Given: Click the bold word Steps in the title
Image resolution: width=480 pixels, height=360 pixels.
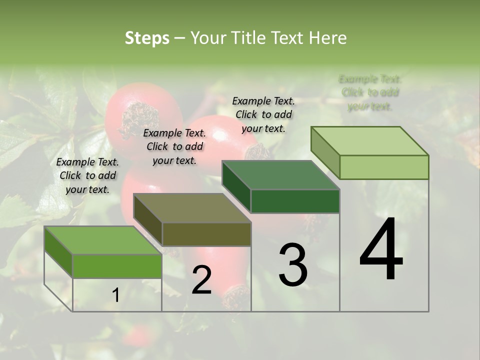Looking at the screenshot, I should coord(147,38).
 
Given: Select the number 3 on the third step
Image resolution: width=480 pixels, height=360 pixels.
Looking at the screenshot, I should coord(293,265).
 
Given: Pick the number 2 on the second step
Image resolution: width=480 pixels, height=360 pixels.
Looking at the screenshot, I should coord(201,280).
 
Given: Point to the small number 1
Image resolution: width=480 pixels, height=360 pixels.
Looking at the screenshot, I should coord(115,295).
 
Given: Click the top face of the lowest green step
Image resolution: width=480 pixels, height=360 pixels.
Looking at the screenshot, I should coord(102,240).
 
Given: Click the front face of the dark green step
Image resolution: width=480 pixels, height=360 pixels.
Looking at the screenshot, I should coord(295,201).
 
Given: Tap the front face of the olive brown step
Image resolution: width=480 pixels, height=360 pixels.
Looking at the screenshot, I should coord(206,234).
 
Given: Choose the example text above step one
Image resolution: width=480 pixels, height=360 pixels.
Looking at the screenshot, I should coord(87,175).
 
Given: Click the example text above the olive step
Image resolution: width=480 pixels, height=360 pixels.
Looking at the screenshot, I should coord(174,146).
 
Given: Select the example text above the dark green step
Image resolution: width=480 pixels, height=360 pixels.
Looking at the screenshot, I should coord(263,114).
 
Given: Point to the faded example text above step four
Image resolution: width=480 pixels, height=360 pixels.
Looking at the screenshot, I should coord(370,92).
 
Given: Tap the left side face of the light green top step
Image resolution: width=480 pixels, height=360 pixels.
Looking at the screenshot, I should coord(325,152).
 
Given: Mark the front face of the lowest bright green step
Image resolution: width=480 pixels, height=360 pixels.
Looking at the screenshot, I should coord(117,266).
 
